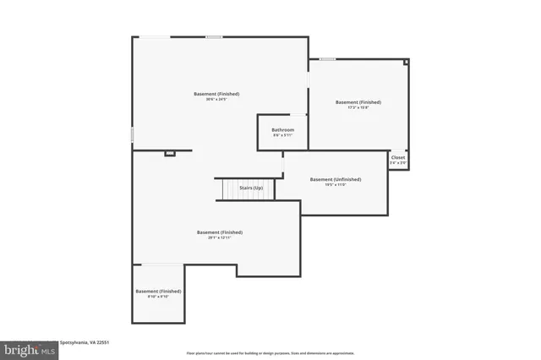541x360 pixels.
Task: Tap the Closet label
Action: [x=397, y=157]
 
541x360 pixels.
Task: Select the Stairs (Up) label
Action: [x=251, y=188]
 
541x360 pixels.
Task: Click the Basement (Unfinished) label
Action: [x=335, y=179]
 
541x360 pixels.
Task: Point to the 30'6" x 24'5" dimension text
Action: [x=216, y=100]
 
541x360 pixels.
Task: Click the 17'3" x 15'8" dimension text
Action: [x=358, y=107]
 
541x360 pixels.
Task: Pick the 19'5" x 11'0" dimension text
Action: [x=335, y=185]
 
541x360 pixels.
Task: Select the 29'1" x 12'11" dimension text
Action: [x=220, y=238]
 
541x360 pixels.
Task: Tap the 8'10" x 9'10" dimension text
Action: [x=158, y=297]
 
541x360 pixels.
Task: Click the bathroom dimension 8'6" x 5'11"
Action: [x=282, y=135]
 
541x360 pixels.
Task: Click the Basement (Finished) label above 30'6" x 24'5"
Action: [x=216, y=93]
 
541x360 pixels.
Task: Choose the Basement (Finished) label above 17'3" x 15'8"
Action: [x=358, y=101]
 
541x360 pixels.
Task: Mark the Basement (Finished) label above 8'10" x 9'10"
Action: [x=158, y=291]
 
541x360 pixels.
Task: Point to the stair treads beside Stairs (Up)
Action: [x=227, y=189]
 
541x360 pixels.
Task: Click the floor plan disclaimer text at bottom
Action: [x=270, y=352]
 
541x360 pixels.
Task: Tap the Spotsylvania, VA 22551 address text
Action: [x=85, y=342]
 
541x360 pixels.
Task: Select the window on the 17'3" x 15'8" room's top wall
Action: [x=326, y=59]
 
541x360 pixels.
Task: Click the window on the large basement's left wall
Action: [x=132, y=134]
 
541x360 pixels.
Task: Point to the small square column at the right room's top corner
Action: [x=406, y=62]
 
